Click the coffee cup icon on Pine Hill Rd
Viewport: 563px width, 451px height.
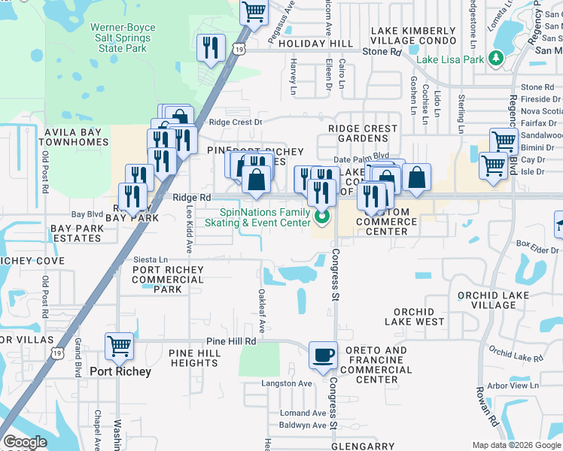(x=324, y=354)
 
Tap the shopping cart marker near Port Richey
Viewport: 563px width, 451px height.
(x=119, y=347)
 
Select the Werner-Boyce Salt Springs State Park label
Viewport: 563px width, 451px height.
(x=123, y=38)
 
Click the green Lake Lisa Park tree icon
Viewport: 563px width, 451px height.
(x=495, y=58)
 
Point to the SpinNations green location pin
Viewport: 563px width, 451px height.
(x=322, y=218)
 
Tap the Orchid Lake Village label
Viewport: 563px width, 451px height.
(x=494, y=300)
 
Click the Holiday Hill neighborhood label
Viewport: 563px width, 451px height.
(x=315, y=44)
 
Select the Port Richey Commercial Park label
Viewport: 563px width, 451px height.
(x=167, y=280)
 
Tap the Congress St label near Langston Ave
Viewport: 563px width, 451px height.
(x=333, y=402)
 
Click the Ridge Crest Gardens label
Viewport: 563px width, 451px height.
(x=363, y=134)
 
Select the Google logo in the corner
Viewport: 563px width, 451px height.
(x=25, y=442)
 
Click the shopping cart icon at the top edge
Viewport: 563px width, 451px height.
(x=254, y=12)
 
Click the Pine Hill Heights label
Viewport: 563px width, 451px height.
(x=193, y=358)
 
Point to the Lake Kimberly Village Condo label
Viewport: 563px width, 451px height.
(x=413, y=36)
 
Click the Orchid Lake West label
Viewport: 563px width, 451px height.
(x=414, y=316)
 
